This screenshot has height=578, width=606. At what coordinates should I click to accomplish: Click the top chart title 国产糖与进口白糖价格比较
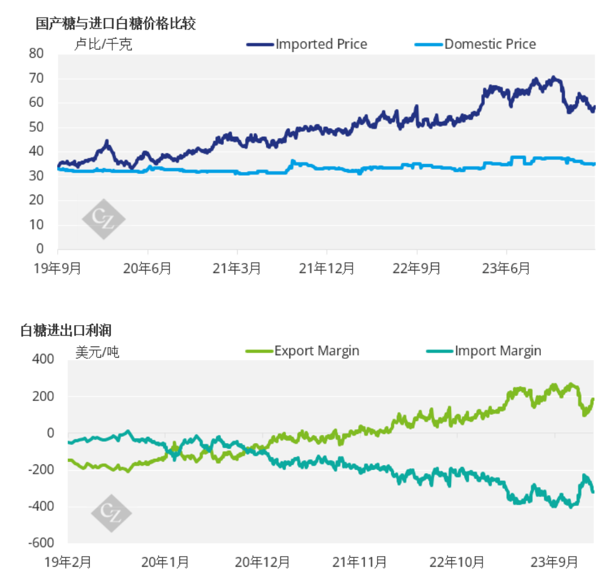[x=116, y=24]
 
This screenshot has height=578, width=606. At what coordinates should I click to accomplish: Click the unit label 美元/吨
[x=97, y=352]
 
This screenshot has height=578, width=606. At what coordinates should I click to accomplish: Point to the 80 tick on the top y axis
[x=36, y=54]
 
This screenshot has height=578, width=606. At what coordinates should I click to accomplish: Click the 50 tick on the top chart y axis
[x=36, y=127]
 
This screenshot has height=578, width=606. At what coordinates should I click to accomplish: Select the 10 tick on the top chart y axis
[x=36, y=225]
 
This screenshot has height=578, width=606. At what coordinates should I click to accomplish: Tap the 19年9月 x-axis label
[x=58, y=268]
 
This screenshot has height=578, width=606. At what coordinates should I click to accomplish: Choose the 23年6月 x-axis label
[x=506, y=268]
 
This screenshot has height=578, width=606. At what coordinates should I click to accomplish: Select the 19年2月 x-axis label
[x=68, y=561]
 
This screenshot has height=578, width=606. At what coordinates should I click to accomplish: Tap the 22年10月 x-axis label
[x=457, y=561]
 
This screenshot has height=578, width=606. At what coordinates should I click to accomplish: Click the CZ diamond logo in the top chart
[x=104, y=218]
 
